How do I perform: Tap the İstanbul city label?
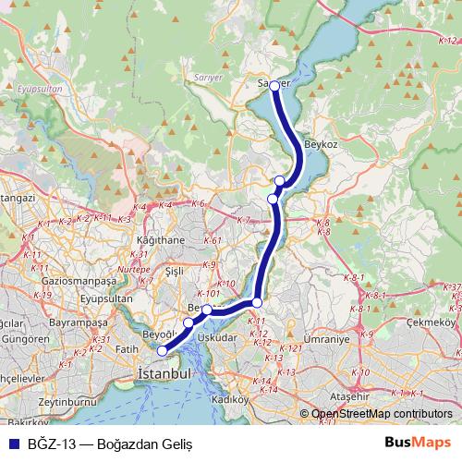pyautogui.click(x=164, y=373)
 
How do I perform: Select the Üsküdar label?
pyautogui.click(x=218, y=338)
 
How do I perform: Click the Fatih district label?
pyautogui.click(x=127, y=349)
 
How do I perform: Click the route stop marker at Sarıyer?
pyautogui.click(x=274, y=86)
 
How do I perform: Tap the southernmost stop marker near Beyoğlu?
pyautogui.click(x=162, y=350)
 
